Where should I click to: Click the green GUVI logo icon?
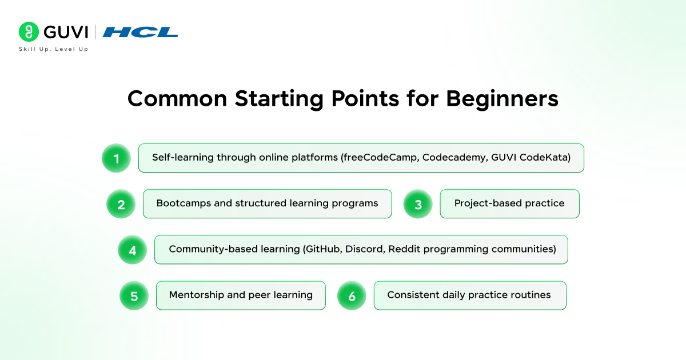29,31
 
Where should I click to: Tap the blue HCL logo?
140,32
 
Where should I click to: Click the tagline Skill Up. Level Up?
54,49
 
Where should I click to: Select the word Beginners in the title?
502,99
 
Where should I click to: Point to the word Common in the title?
177,99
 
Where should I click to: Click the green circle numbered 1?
117,158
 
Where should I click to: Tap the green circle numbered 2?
121,204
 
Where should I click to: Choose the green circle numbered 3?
418,204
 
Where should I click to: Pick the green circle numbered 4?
132,250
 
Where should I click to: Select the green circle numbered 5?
134,296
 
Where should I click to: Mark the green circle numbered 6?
352,296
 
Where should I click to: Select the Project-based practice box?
509,204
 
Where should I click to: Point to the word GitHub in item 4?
323,249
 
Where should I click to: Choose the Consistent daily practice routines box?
470,296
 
